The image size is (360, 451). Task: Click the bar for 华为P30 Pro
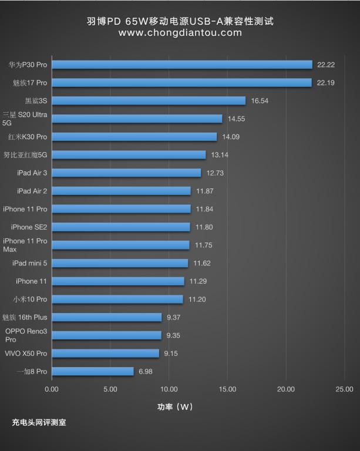coord(182,65)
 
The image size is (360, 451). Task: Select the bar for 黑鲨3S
coord(149,100)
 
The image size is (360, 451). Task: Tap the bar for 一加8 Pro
coord(93,372)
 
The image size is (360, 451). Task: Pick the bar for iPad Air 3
coord(126,173)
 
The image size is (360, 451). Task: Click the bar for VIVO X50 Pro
coord(106,354)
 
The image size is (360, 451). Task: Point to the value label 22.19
coord(325,83)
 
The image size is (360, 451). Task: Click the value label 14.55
coord(237,119)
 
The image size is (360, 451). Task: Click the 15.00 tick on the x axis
coord(227,389)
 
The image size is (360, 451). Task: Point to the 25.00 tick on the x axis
coord(344,389)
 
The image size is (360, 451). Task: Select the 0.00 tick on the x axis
coord(52,389)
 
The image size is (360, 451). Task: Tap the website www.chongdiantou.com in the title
coord(180,33)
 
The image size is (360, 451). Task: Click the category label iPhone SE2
coord(29,227)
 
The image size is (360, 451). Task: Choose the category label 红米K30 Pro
coord(28,137)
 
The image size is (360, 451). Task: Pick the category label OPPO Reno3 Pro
coord(26,335)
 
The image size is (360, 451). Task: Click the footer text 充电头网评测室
coord(39,422)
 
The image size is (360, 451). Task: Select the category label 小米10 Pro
coord(29,299)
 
